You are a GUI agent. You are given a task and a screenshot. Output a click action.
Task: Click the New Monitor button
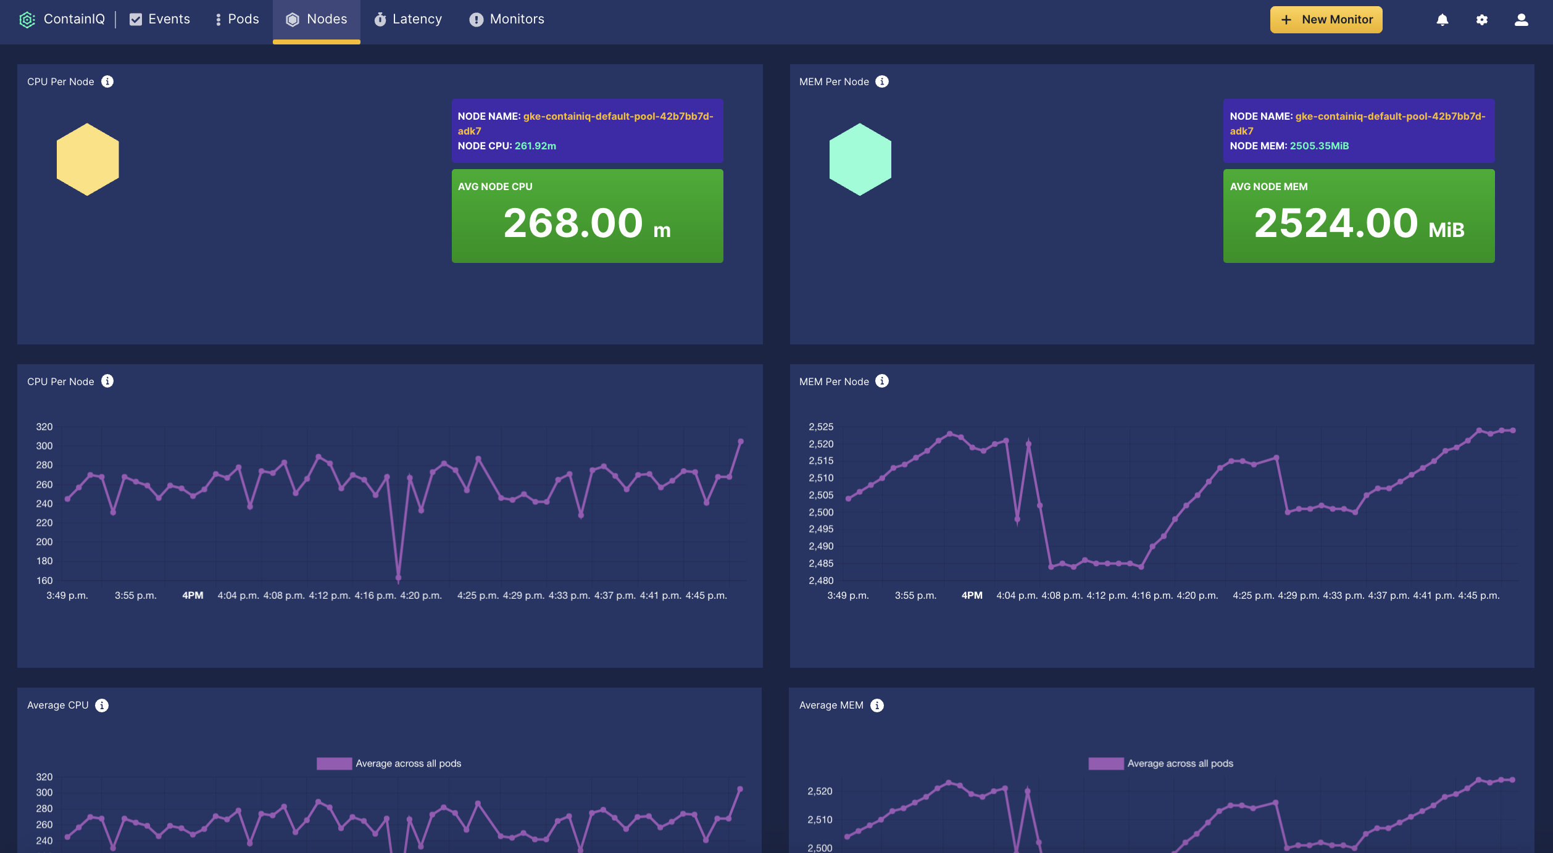click(x=1326, y=20)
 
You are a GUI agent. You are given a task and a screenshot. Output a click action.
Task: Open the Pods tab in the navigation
click(x=237, y=20)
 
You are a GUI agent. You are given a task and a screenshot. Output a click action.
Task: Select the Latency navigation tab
click(x=408, y=20)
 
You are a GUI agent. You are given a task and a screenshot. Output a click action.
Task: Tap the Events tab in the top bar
click(x=160, y=20)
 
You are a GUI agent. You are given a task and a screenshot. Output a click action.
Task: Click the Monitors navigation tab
click(x=507, y=20)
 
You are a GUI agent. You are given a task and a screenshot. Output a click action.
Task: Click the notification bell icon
click(x=1443, y=20)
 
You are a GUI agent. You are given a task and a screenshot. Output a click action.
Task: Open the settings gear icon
click(x=1482, y=20)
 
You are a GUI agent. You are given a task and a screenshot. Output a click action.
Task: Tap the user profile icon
click(x=1522, y=20)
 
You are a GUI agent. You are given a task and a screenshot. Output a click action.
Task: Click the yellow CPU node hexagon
click(x=88, y=159)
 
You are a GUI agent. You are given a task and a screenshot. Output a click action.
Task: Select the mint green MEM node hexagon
click(x=860, y=159)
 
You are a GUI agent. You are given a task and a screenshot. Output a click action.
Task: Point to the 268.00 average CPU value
click(x=573, y=223)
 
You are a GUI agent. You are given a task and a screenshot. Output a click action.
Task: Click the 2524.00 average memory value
click(x=1336, y=223)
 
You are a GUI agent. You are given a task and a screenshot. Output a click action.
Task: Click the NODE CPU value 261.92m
click(x=535, y=146)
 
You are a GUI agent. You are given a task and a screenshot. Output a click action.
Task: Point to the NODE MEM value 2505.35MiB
click(x=1319, y=146)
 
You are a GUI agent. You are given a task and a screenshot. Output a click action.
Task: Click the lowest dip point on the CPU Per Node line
click(x=398, y=578)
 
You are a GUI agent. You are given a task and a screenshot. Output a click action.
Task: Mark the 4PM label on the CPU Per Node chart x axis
click(x=193, y=596)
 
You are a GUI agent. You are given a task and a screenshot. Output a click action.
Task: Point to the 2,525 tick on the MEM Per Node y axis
click(x=821, y=427)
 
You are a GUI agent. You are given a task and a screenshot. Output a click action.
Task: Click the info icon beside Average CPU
click(x=102, y=705)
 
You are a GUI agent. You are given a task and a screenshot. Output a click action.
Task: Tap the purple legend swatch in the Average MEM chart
click(x=1105, y=764)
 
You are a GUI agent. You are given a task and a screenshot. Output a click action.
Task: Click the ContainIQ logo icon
click(x=27, y=20)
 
